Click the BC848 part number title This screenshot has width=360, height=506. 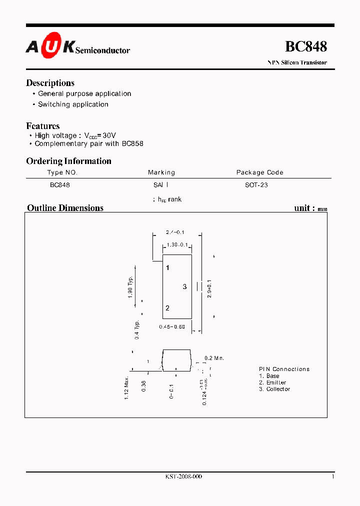(x=305, y=46)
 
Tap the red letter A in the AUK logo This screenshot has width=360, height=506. (x=32, y=47)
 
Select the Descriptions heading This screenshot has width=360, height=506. (x=50, y=83)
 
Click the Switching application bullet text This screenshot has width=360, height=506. (x=73, y=104)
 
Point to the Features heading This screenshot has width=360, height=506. (x=42, y=126)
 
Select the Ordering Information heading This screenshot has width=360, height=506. (x=68, y=161)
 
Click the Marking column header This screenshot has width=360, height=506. (x=161, y=172)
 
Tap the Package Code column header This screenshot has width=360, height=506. (x=259, y=172)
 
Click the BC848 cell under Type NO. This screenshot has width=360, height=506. (x=60, y=185)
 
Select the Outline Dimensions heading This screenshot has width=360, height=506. (x=65, y=208)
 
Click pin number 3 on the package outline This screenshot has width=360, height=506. (x=184, y=286)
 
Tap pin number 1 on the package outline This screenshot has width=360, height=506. (x=168, y=268)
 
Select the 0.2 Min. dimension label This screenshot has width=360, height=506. (x=214, y=358)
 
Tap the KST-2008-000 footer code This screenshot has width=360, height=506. (x=183, y=477)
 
